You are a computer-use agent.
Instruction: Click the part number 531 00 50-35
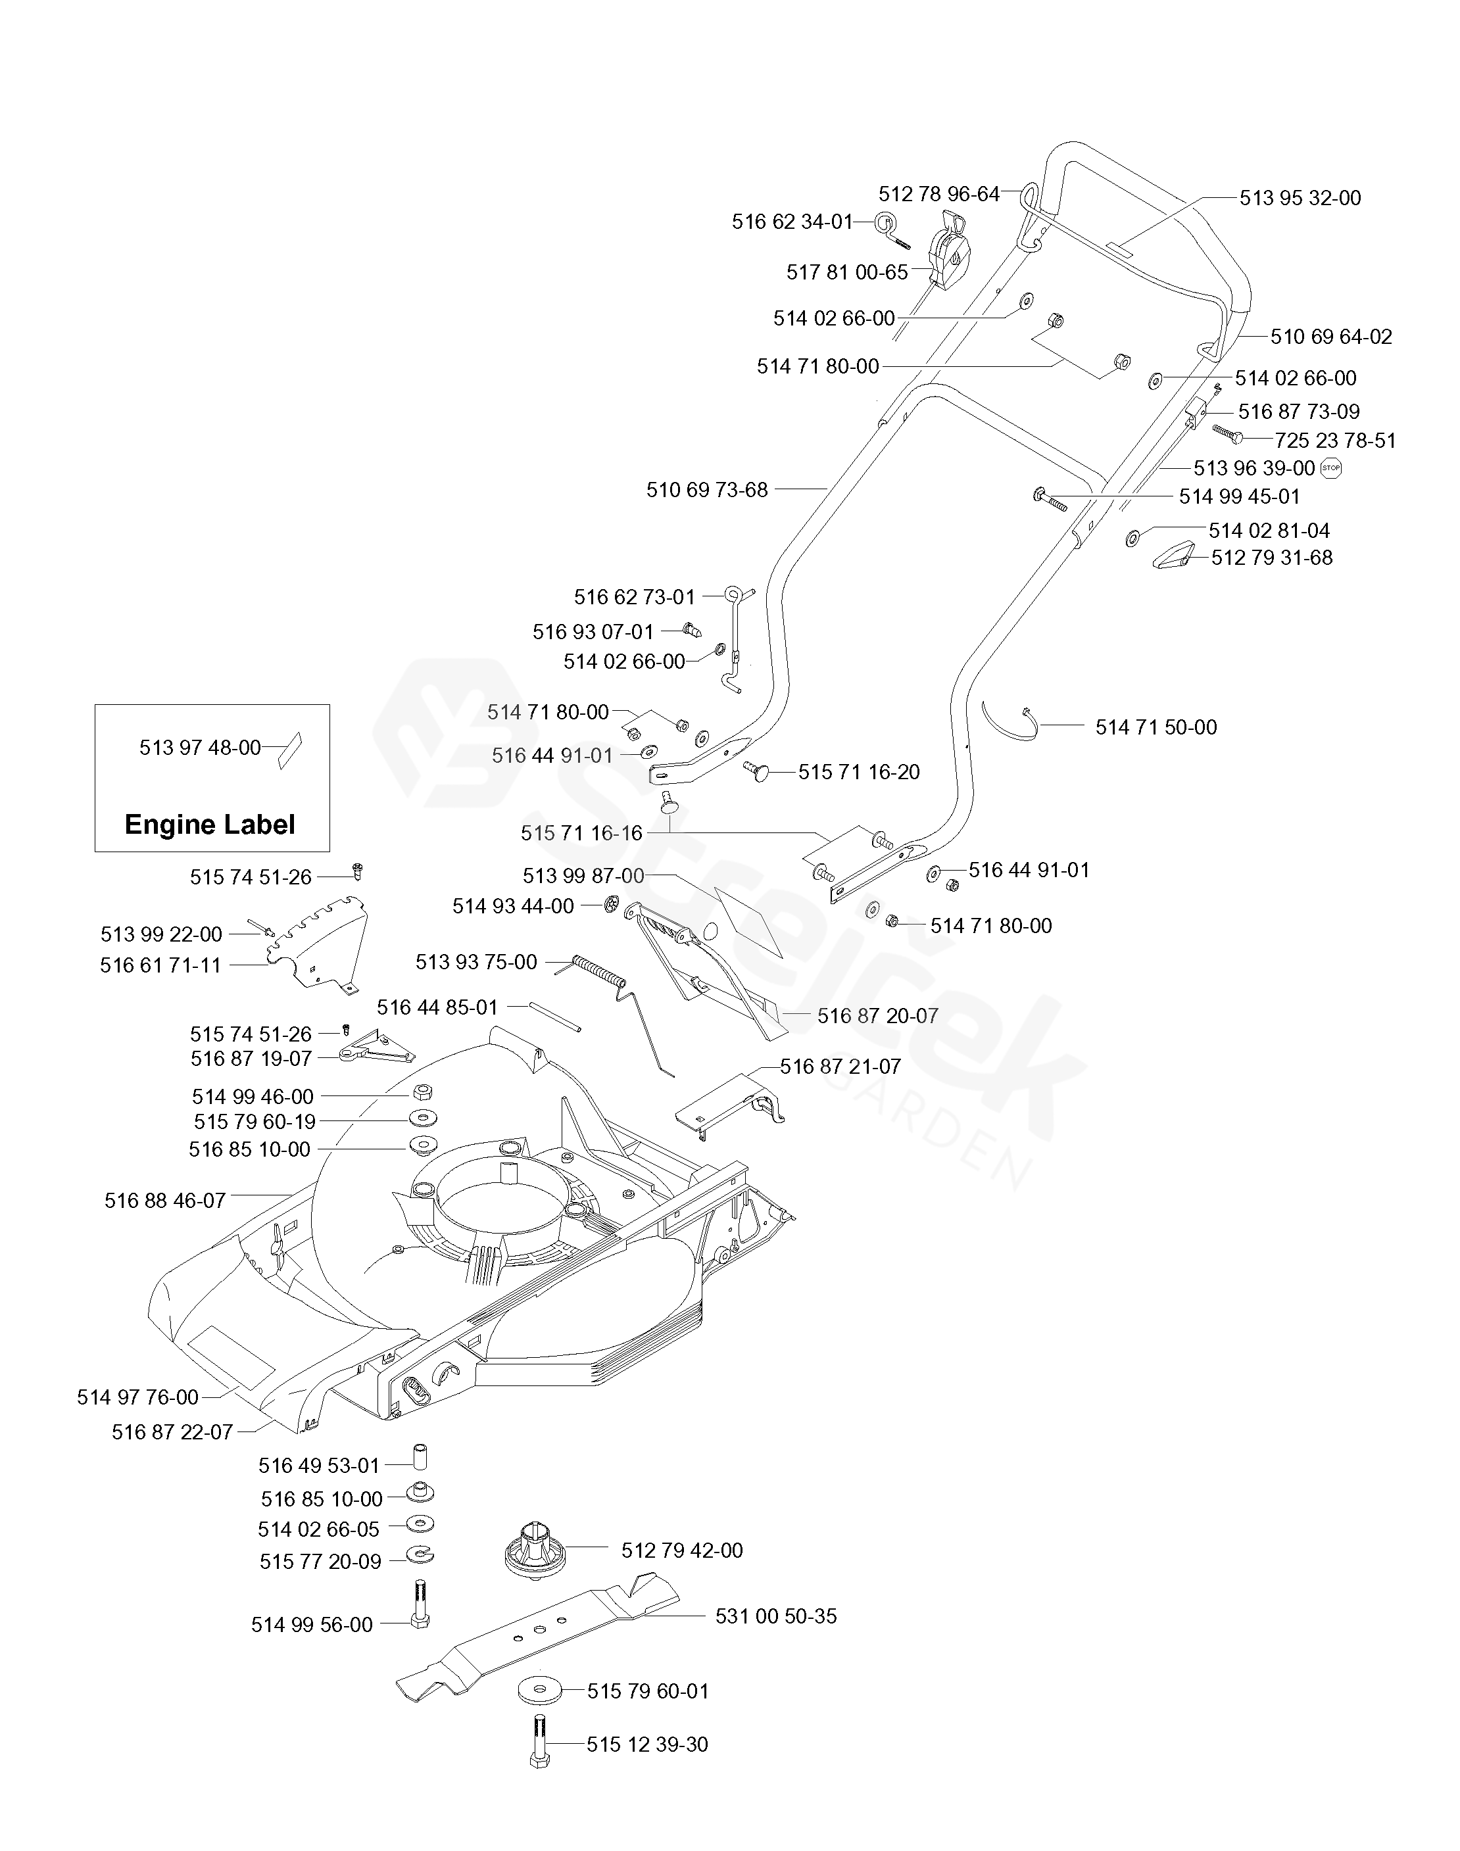click(775, 1616)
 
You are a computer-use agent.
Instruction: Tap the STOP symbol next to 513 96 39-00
click(1332, 468)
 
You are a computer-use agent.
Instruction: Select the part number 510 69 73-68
click(707, 490)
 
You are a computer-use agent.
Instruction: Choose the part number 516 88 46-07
click(165, 1201)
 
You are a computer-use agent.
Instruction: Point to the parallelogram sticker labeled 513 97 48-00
click(291, 750)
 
